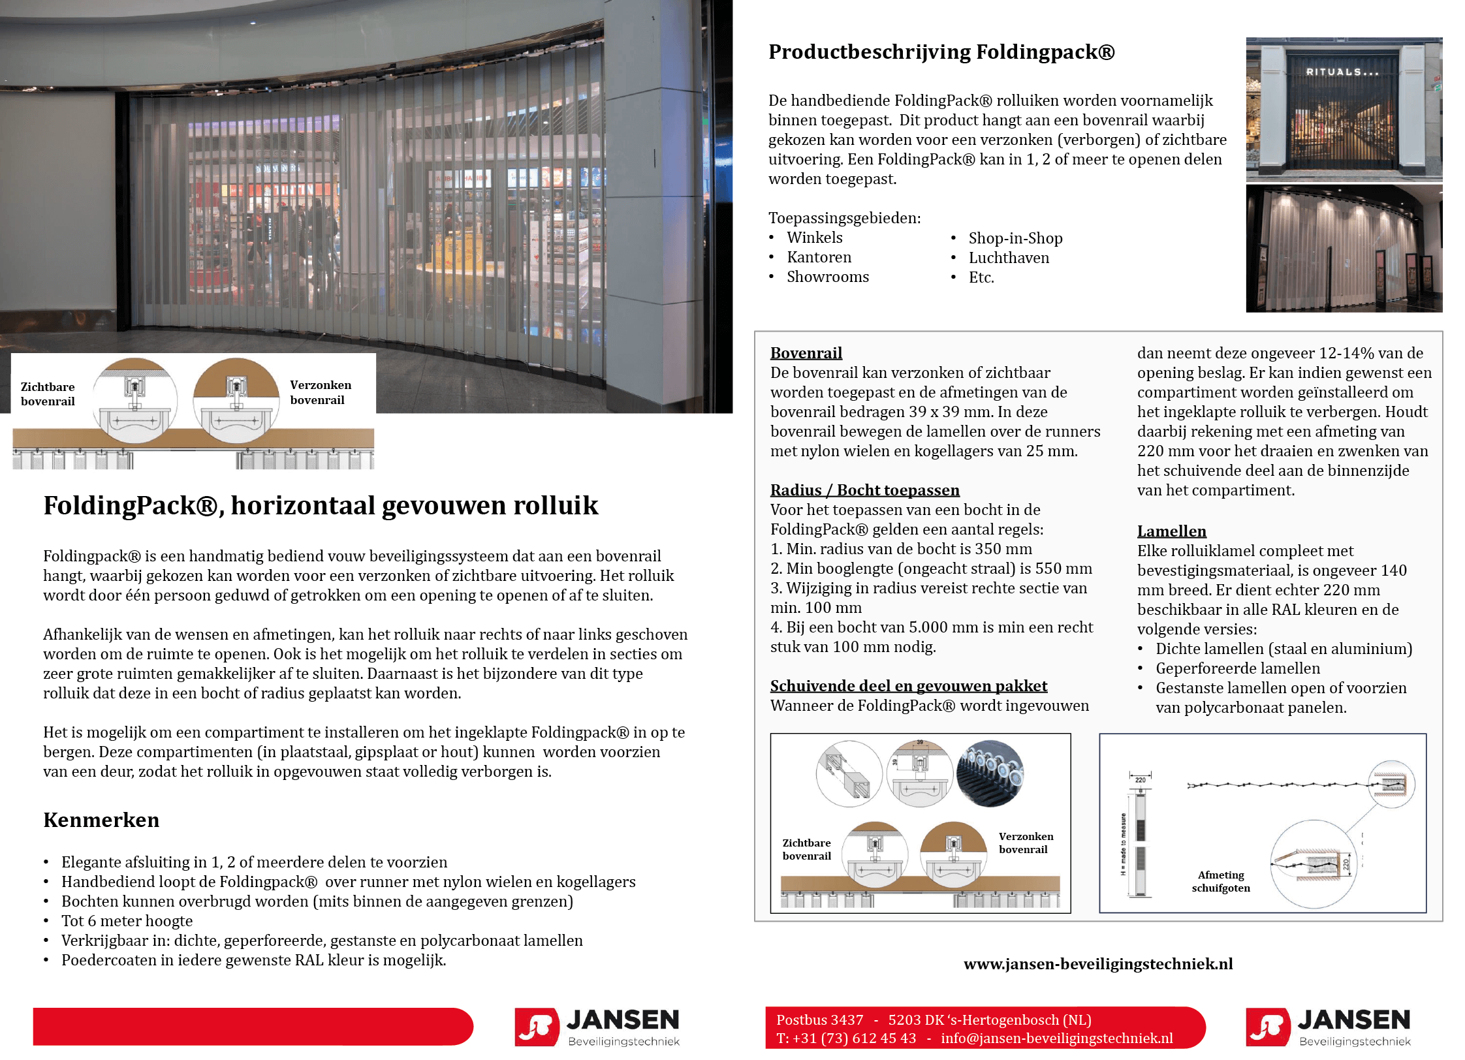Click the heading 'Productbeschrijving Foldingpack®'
pos(941,52)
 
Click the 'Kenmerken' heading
pos(101,820)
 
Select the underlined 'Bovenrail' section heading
pos(806,353)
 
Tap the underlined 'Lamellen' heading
pos(1171,531)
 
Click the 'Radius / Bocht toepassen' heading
pos(864,490)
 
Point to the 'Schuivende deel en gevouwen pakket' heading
pos(908,686)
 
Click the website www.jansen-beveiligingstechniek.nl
pos(1098,964)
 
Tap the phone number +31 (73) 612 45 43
pos(854,1038)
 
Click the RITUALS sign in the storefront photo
pos(1342,72)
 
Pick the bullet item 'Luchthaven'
pos(1009,258)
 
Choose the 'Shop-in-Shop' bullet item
pos(1015,238)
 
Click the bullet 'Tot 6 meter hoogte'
pos(127,921)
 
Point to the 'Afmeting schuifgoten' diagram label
pos(1221,882)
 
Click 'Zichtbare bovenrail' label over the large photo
pos(48,394)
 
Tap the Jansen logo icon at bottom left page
pos(537,1027)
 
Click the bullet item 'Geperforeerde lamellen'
pos(1237,668)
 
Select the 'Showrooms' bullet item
pos(827,277)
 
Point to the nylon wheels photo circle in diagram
pos(990,773)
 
